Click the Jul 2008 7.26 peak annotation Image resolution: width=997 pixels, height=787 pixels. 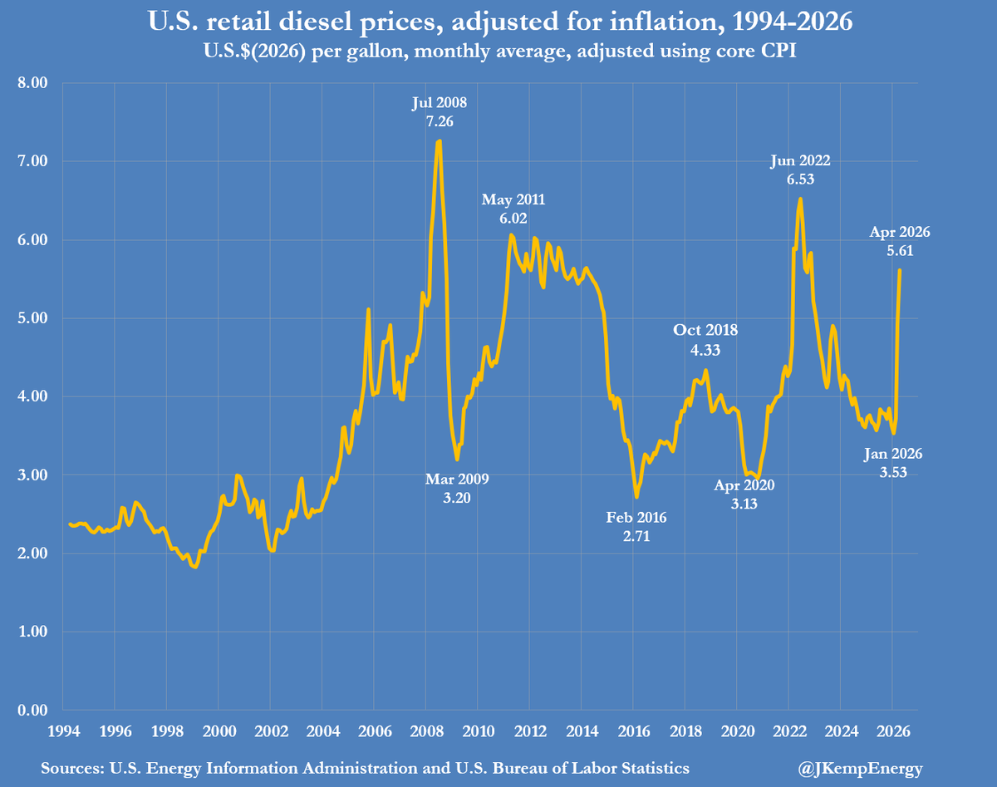click(439, 113)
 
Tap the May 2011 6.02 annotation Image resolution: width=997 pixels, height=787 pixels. click(514, 209)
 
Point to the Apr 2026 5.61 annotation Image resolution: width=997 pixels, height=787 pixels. click(900, 241)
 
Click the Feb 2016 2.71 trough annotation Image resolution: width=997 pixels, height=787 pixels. click(636, 526)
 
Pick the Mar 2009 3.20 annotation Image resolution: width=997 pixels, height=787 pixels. click(458, 488)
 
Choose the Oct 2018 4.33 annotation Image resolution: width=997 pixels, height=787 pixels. click(705, 340)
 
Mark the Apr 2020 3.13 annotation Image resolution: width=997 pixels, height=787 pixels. click(744, 494)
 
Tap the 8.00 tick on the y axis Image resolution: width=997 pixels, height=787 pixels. click(33, 83)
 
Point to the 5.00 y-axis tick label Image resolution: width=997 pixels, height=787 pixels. click(33, 318)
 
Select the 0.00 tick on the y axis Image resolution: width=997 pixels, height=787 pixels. click(33, 711)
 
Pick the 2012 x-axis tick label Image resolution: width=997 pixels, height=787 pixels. click(529, 732)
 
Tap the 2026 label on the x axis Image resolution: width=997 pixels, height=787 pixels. click(891, 732)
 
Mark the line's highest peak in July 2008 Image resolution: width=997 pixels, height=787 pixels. click(439, 141)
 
